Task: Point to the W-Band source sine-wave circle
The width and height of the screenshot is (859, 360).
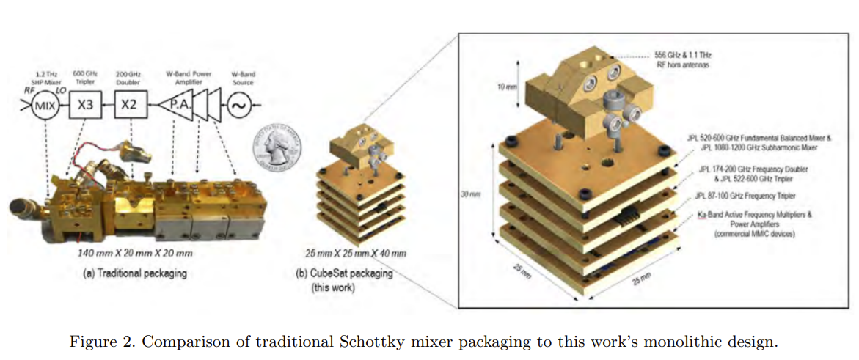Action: [x=241, y=105]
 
